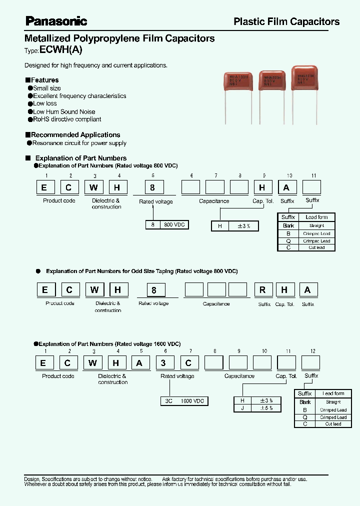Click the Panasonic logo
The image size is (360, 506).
click(x=56, y=21)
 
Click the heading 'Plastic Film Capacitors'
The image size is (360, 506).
click(x=286, y=21)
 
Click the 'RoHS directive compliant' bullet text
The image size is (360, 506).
click(x=67, y=119)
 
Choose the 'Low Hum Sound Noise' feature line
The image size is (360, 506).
click(x=64, y=112)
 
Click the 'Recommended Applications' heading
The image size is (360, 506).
click(x=75, y=135)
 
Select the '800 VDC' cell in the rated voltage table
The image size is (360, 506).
click(x=174, y=225)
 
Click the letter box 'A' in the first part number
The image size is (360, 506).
click(x=286, y=187)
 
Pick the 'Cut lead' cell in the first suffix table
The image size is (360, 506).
click(x=317, y=247)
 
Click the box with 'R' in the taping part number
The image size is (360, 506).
click(x=262, y=290)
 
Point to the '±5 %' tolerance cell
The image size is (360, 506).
click(x=266, y=408)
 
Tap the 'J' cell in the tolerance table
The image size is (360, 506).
click(x=242, y=408)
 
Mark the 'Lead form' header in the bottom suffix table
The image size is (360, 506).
click(x=333, y=394)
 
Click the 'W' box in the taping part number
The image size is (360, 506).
click(x=93, y=290)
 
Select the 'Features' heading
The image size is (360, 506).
click(x=44, y=80)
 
